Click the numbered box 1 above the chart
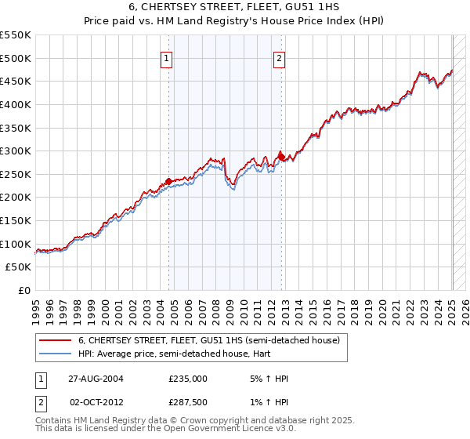click(x=167, y=57)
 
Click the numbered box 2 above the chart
click(x=280, y=57)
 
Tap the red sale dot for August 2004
click(x=169, y=181)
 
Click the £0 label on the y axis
click(x=23, y=290)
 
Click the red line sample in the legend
click(x=55, y=341)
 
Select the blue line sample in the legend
click(x=55, y=354)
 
